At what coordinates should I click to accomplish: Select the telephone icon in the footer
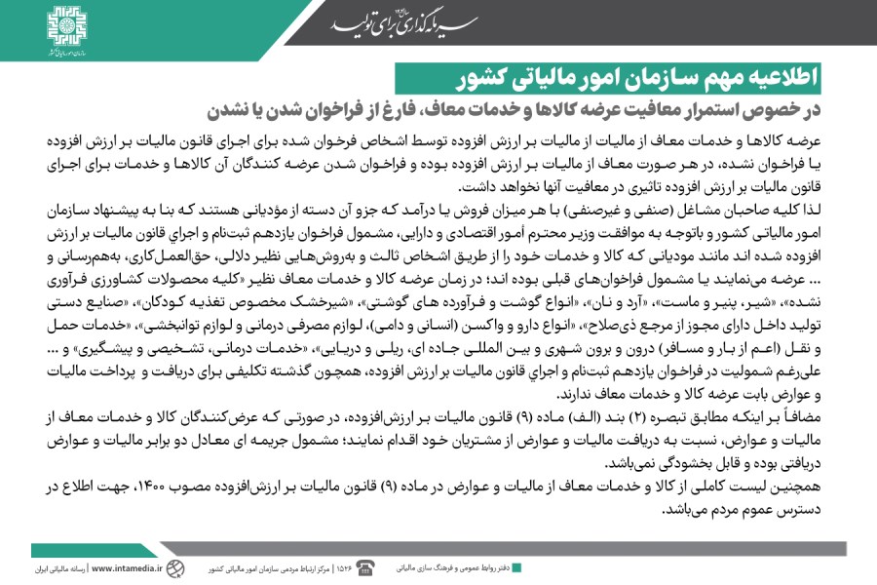pos(366,567)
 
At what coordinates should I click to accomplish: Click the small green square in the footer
pos(516,567)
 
